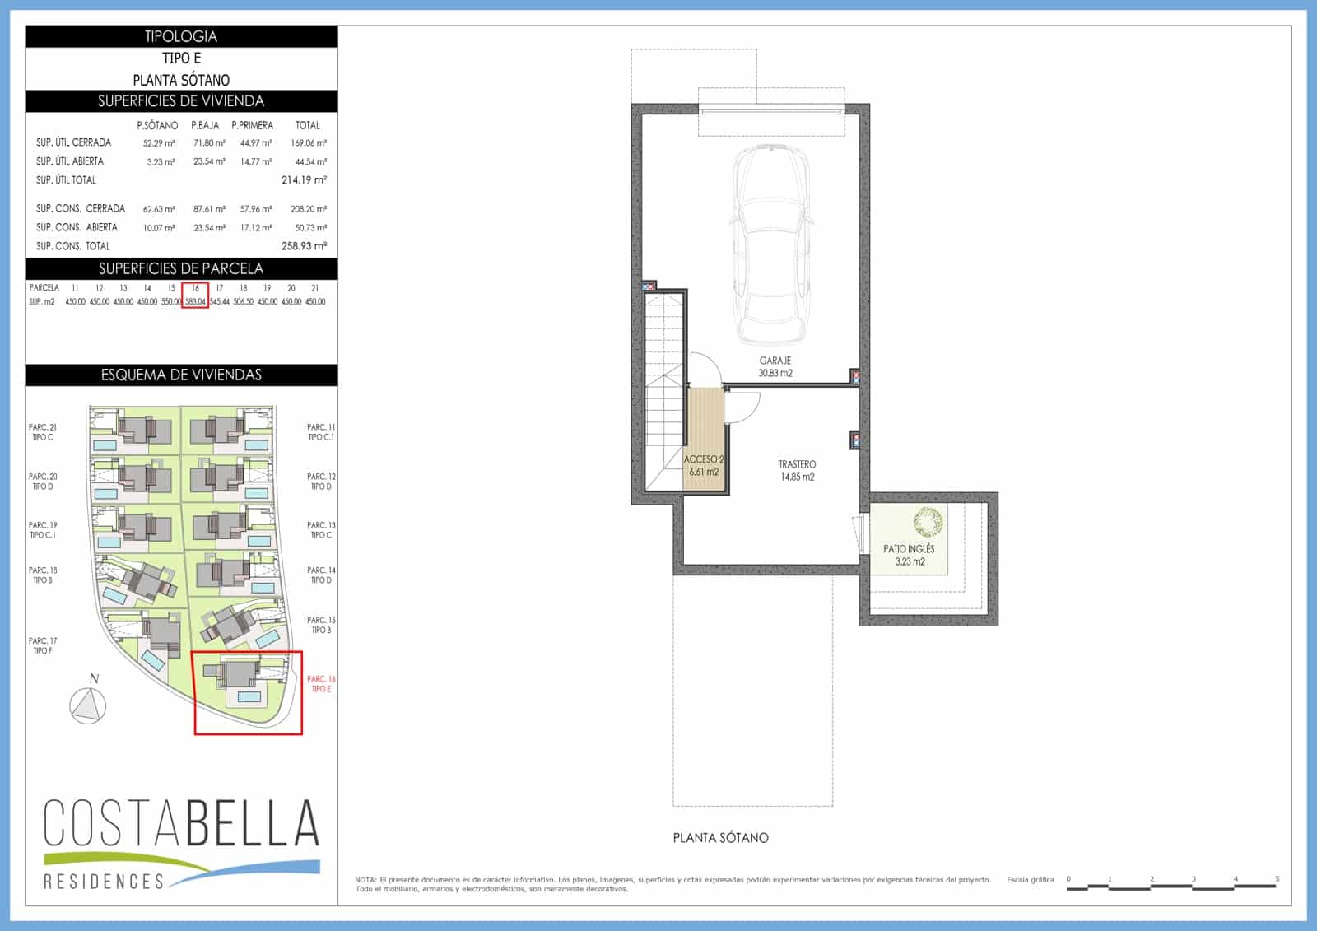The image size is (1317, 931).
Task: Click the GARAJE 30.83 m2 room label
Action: (x=775, y=367)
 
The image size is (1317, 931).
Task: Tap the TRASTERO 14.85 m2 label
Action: (x=796, y=471)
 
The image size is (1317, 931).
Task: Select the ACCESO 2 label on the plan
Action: (x=703, y=465)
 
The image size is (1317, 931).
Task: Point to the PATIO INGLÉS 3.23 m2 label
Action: (x=909, y=555)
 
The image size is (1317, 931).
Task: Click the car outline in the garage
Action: (x=772, y=244)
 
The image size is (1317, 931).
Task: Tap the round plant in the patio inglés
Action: (x=928, y=522)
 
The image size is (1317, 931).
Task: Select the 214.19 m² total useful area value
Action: (x=304, y=179)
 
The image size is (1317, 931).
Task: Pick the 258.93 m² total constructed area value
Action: (x=304, y=246)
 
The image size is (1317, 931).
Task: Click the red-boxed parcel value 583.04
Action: (x=196, y=302)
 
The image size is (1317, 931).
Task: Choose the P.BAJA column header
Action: (x=205, y=125)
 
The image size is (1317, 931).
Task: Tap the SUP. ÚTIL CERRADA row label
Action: (x=73, y=142)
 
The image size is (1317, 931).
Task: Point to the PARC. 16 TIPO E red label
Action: (x=320, y=684)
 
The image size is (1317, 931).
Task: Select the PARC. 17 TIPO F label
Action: (x=43, y=645)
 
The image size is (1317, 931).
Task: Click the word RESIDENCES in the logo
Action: (x=104, y=882)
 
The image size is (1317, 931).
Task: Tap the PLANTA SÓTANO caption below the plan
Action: (x=720, y=838)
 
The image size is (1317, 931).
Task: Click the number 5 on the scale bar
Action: (x=1277, y=879)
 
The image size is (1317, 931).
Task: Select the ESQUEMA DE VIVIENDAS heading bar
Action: (x=181, y=375)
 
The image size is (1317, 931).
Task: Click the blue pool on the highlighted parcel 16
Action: (x=249, y=697)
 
